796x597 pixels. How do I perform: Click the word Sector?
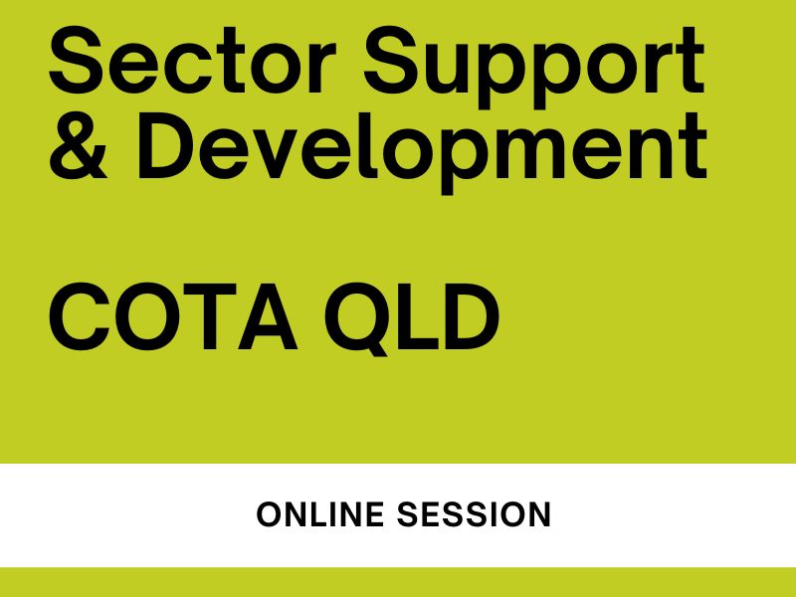click(x=192, y=60)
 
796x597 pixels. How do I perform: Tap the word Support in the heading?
click(x=534, y=67)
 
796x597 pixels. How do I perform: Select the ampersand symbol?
click(x=79, y=145)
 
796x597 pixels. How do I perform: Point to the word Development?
click(x=422, y=153)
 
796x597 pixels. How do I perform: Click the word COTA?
click(x=173, y=316)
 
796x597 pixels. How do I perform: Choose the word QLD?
click(x=412, y=318)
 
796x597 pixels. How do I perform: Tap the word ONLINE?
click(x=320, y=514)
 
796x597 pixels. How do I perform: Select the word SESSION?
click(x=474, y=514)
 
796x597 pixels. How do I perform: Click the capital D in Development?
click(x=164, y=146)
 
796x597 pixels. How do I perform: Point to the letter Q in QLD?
click(x=357, y=318)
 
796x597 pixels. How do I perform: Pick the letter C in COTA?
click(x=79, y=316)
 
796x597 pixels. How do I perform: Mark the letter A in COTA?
click(x=268, y=316)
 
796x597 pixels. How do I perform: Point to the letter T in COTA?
click(x=210, y=316)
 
